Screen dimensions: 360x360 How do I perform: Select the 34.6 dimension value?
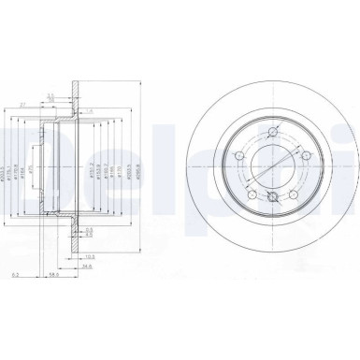tap(87, 267)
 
